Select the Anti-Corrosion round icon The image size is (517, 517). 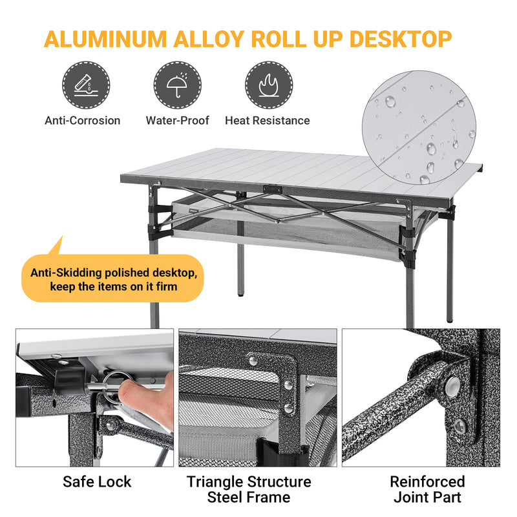[x=86, y=85]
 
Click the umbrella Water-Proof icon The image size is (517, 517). [x=177, y=85]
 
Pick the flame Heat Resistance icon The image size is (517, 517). [x=268, y=85]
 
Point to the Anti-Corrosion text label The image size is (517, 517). [x=83, y=121]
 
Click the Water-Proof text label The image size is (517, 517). [x=177, y=121]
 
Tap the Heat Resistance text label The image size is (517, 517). [x=267, y=121]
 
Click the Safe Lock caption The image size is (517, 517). [x=97, y=482]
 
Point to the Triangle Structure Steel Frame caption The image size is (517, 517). [x=249, y=489]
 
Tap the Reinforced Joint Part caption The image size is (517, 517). [x=427, y=489]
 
